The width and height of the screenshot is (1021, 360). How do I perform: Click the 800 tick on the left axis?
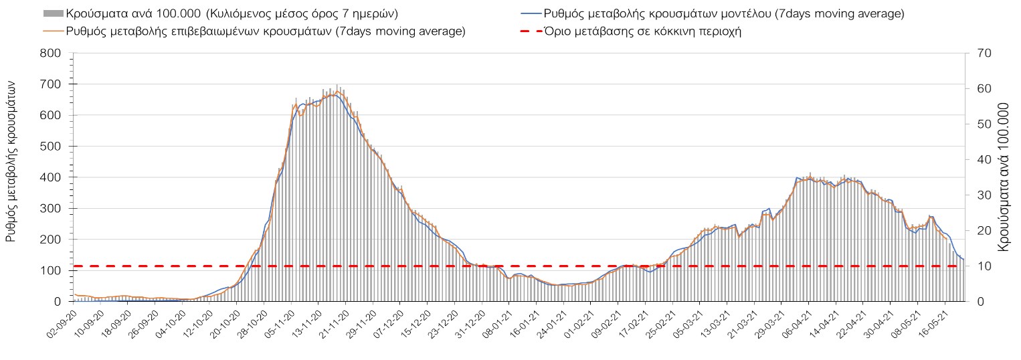[51, 54]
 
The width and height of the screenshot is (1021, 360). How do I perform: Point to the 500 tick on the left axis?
[51, 147]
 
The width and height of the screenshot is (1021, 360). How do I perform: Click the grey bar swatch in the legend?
[53, 13]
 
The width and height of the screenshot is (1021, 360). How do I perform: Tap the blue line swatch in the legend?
[530, 13]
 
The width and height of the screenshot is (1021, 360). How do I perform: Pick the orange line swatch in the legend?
[53, 31]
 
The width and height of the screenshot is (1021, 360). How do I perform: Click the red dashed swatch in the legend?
[530, 31]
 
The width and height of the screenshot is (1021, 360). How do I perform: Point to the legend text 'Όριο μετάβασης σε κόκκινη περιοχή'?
[642, 31]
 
